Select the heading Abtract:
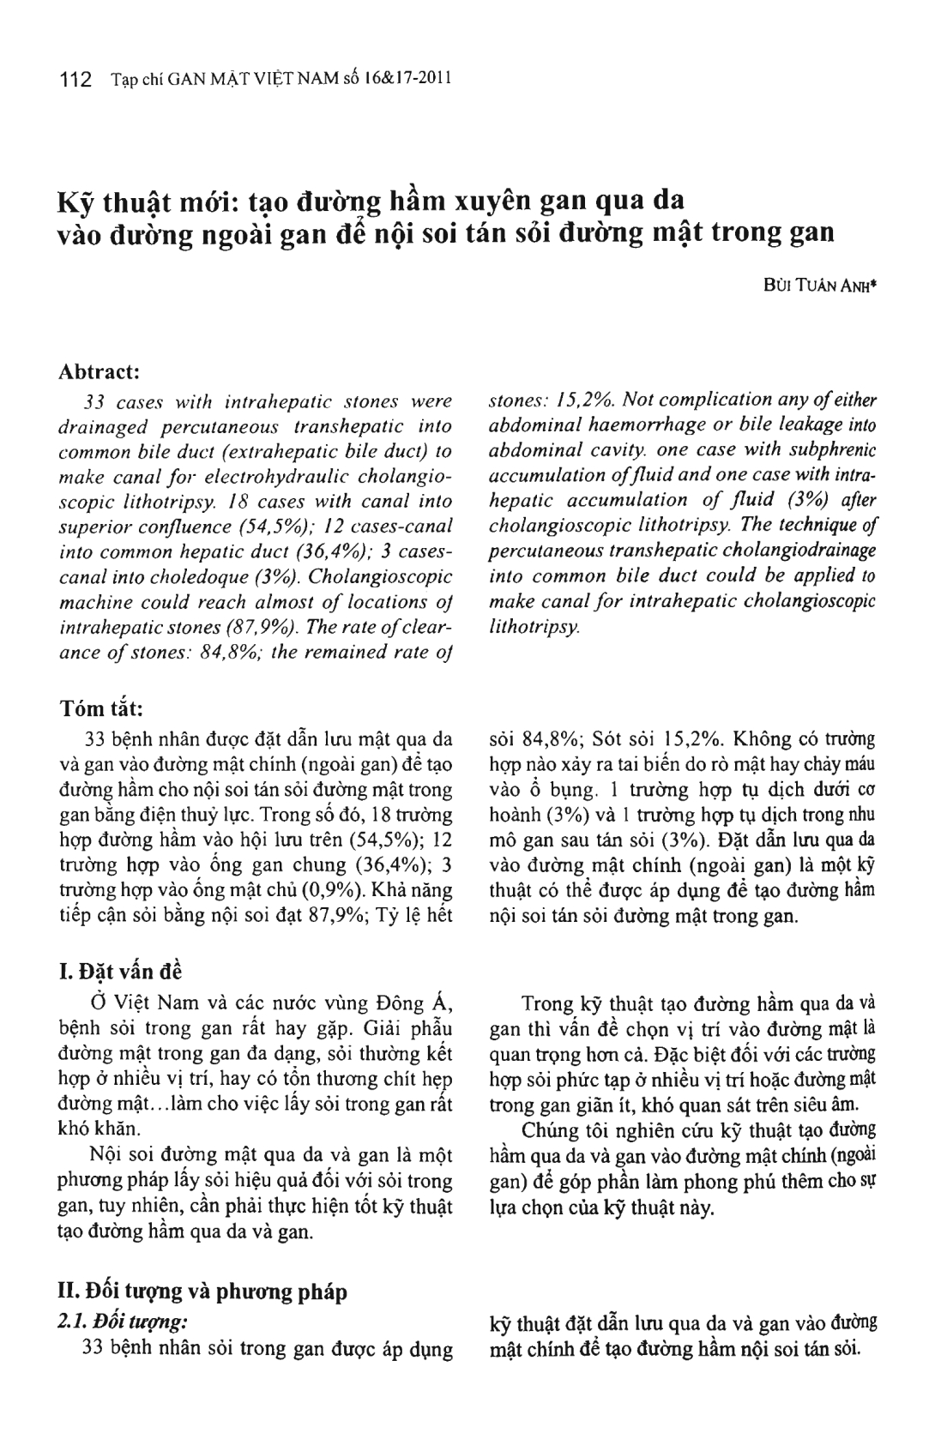coord(100,372)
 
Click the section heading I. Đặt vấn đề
coord(119,972)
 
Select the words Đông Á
coord(416,1002)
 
